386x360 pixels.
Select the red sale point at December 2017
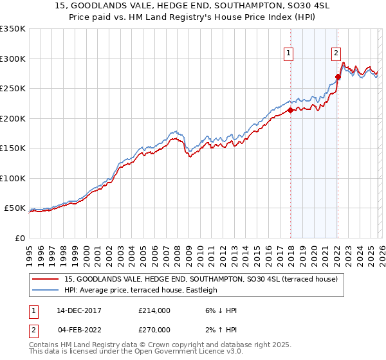290,110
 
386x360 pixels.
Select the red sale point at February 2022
337,76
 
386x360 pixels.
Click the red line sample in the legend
46,279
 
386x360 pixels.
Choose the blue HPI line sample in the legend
46,290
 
